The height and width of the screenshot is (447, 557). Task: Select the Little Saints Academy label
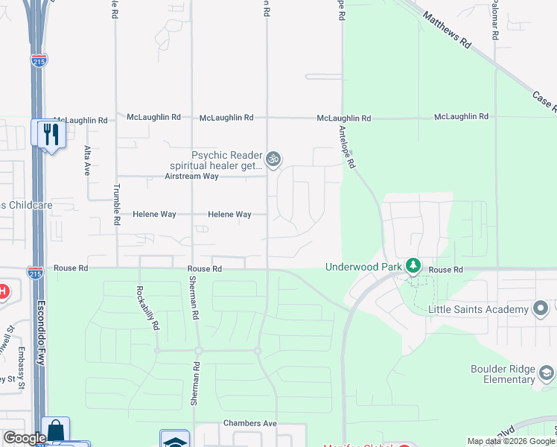[x=479, y=308]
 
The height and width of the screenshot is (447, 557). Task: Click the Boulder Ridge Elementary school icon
[x=547, y=372]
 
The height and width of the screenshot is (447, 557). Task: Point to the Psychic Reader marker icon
[x=273, y=158]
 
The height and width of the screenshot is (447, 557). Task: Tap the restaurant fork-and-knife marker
[x=51, y=133]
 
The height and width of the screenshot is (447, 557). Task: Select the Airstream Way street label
[x=191, y=177]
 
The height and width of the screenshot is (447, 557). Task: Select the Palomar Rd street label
[x=494, y=20]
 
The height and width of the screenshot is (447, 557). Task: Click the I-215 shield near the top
[x=39, y=60]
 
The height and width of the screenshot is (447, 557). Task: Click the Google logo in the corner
[x=24, y=438]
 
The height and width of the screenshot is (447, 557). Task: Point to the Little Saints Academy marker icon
[x=541, y=308]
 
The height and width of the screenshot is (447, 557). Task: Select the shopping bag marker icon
[x=55, y=431]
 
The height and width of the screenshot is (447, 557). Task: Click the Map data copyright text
[x=511, y=441]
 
